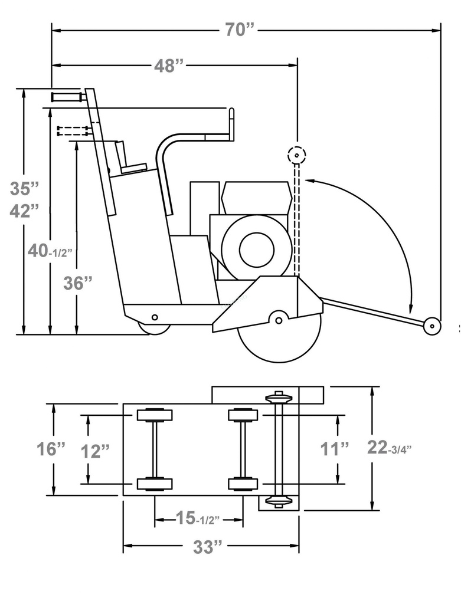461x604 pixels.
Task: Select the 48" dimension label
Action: [169, 66]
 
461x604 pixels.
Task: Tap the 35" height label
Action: [25, 189]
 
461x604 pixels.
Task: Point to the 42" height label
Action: [25, 211]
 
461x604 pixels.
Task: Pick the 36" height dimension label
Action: [78, 283]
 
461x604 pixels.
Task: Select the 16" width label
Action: [51, 449]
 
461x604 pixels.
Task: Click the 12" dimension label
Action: [96, 451]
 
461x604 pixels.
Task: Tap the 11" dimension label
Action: [335, 449]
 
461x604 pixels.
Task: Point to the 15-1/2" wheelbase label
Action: [198, 518]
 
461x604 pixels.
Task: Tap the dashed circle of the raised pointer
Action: [296, 155]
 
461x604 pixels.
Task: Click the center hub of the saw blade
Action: [279, 320]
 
